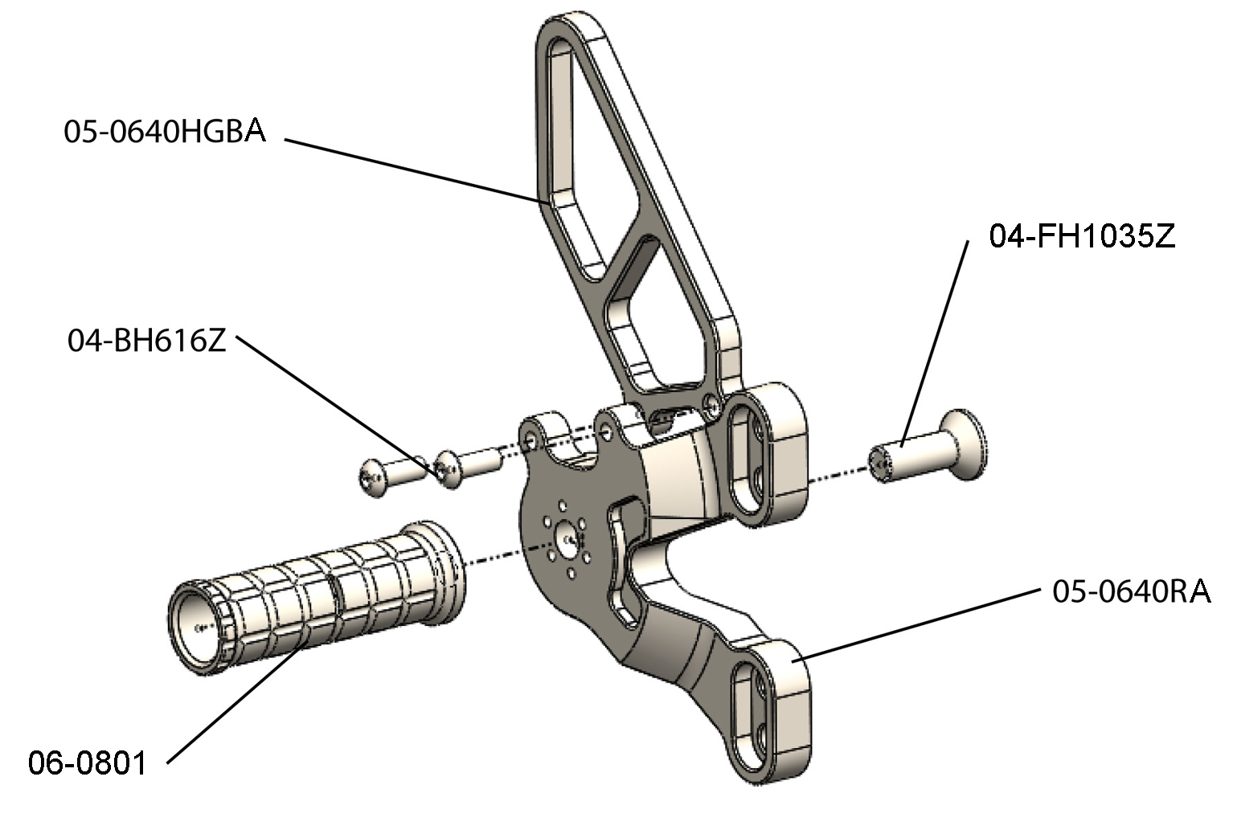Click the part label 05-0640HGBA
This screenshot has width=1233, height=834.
click(x=165, y=131)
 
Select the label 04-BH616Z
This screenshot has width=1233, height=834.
click(x=146, y=341)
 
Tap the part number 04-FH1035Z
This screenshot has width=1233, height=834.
click(x=1081, y=236)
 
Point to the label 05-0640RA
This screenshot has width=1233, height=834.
click(x=1130, y=591)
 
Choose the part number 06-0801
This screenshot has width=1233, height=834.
click(x=88, y=762)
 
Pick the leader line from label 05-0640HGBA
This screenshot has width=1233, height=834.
click(x=410, y=170)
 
